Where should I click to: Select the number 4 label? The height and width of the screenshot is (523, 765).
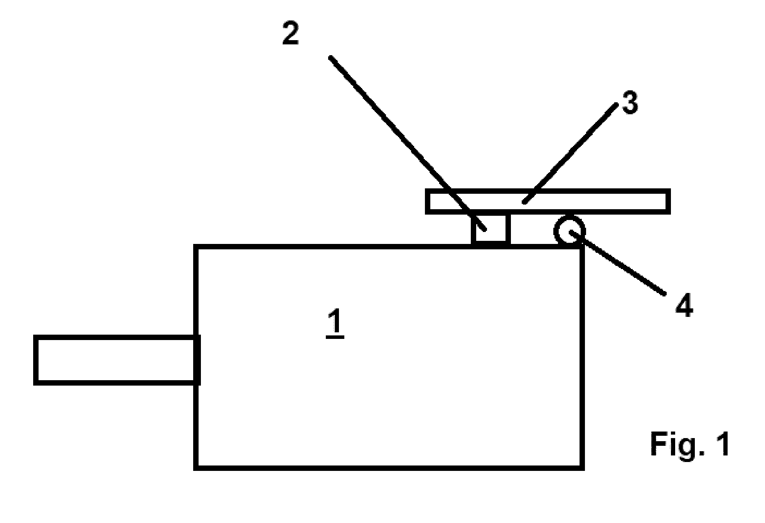click(684, 305)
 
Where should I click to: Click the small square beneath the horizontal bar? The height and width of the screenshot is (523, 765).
click(491, 229)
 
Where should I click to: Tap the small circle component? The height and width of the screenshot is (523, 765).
click(570, 231)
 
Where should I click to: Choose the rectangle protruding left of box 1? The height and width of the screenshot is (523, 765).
click(117, 360)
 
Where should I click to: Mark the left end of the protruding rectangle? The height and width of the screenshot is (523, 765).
click(36, 360)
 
